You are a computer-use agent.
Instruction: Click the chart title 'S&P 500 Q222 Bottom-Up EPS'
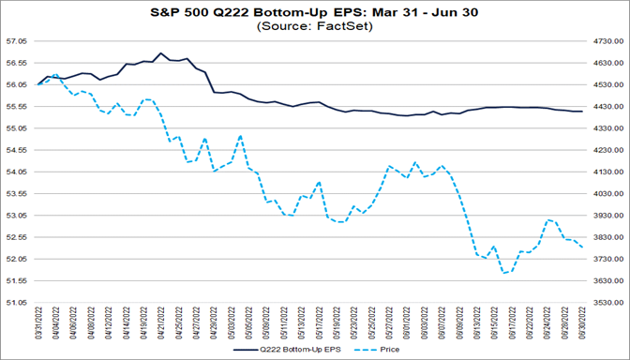point(315,12)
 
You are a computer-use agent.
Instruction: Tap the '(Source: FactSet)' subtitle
point(315,26)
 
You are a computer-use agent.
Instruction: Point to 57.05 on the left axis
point(17,41)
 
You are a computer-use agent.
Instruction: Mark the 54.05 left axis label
point(17,172)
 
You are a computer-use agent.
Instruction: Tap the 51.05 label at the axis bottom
point(17,302)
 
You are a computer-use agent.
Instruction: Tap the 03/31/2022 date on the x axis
point(38,321)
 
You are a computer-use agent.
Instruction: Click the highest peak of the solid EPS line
point(160,53)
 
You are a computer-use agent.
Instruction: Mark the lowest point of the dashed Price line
point(503,274)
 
